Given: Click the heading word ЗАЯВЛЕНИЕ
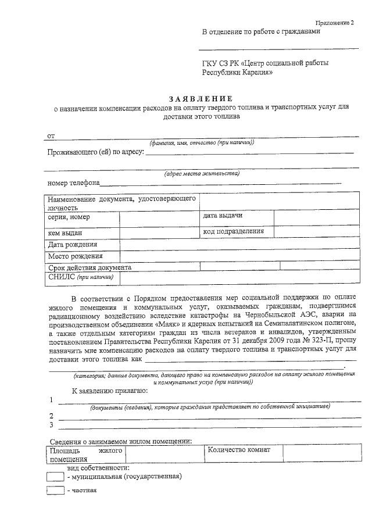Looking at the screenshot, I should point(201,98).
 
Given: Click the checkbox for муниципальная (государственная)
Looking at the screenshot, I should point(55,476).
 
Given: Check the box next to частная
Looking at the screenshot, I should point(55,491).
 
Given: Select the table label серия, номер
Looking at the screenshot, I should point(69,217).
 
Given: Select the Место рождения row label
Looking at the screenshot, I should point(76,256).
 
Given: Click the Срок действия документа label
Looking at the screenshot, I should point(90,267).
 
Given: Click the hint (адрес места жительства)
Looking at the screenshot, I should point(201,173).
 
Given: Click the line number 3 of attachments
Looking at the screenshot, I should point(52,425).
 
